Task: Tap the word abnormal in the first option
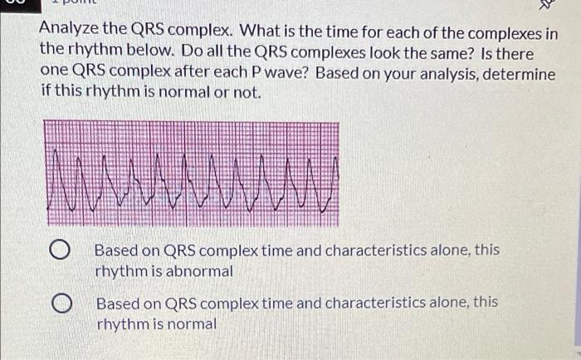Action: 200,271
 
